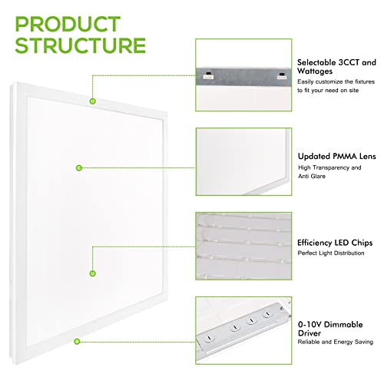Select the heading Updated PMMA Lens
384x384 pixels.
336,154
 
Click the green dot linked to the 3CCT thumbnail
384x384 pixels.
91,101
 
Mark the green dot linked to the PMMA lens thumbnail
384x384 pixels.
78,167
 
